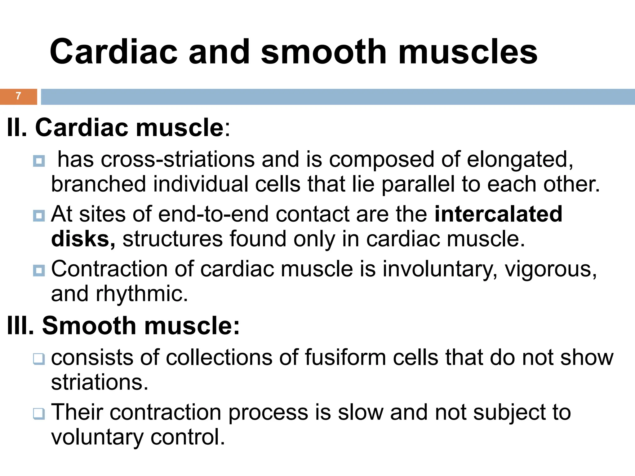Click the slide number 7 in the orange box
[x=18, y=96]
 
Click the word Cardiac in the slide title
[x=113, y=52]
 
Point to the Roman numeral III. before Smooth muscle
[x=20, y=326]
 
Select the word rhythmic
[x=142, y=293]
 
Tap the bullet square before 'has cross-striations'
[x=39, y=161]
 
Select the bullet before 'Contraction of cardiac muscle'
[x=39, y=270]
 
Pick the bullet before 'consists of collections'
[x=39, y=359]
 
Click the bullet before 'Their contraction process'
[x=39, y=414]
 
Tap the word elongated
[x=520, y=160]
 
